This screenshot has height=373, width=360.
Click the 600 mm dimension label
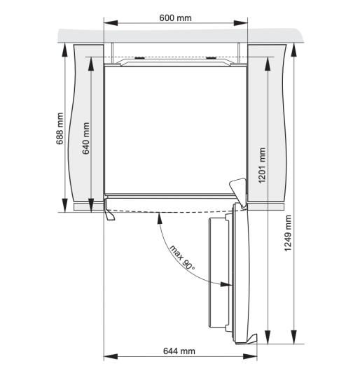click(176, 18)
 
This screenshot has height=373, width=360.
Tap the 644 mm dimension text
click(179, 351)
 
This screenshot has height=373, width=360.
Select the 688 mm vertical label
click(60, 129)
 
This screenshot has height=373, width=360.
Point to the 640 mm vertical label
click(85, 138)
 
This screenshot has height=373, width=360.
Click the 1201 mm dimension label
click(262, 165)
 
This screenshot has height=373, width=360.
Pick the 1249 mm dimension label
click(288, 233)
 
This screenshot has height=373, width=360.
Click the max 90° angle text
click(182, 258)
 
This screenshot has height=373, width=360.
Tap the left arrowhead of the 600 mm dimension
click(111, 23)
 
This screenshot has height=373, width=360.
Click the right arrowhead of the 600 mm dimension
click(241, 23)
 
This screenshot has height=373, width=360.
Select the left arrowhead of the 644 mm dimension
click(111, 357)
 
